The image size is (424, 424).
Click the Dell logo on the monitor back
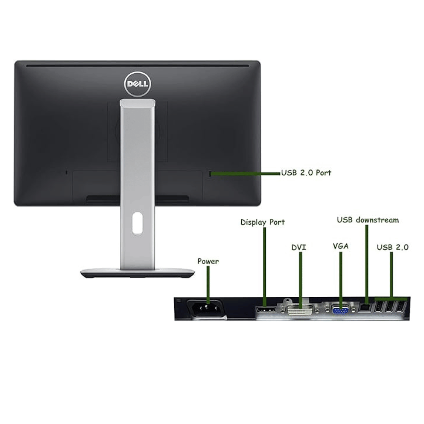pos(137,84)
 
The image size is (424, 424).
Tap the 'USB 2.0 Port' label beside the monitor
pos(306,173)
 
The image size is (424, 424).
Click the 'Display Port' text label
pos(262,222)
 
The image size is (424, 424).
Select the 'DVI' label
pos(299,248)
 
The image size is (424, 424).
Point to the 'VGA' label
pos(340,246)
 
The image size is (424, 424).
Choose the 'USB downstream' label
pos(368,220)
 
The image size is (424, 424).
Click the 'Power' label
pos(208,261)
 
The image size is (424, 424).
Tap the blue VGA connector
pos(340,310)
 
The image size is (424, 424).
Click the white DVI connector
pos(300,310)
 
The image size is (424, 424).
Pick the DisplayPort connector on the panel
pos(266,310)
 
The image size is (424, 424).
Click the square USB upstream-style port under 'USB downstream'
pos(365,308)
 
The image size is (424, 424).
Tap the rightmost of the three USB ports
pos(401,307)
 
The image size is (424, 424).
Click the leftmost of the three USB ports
pos(379,307)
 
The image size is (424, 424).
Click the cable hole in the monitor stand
pos(137,223)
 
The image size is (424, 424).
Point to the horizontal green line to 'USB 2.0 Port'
pos(245,173)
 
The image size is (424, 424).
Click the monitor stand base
pos(137,273)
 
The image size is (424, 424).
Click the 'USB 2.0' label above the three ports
pos(393,247)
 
